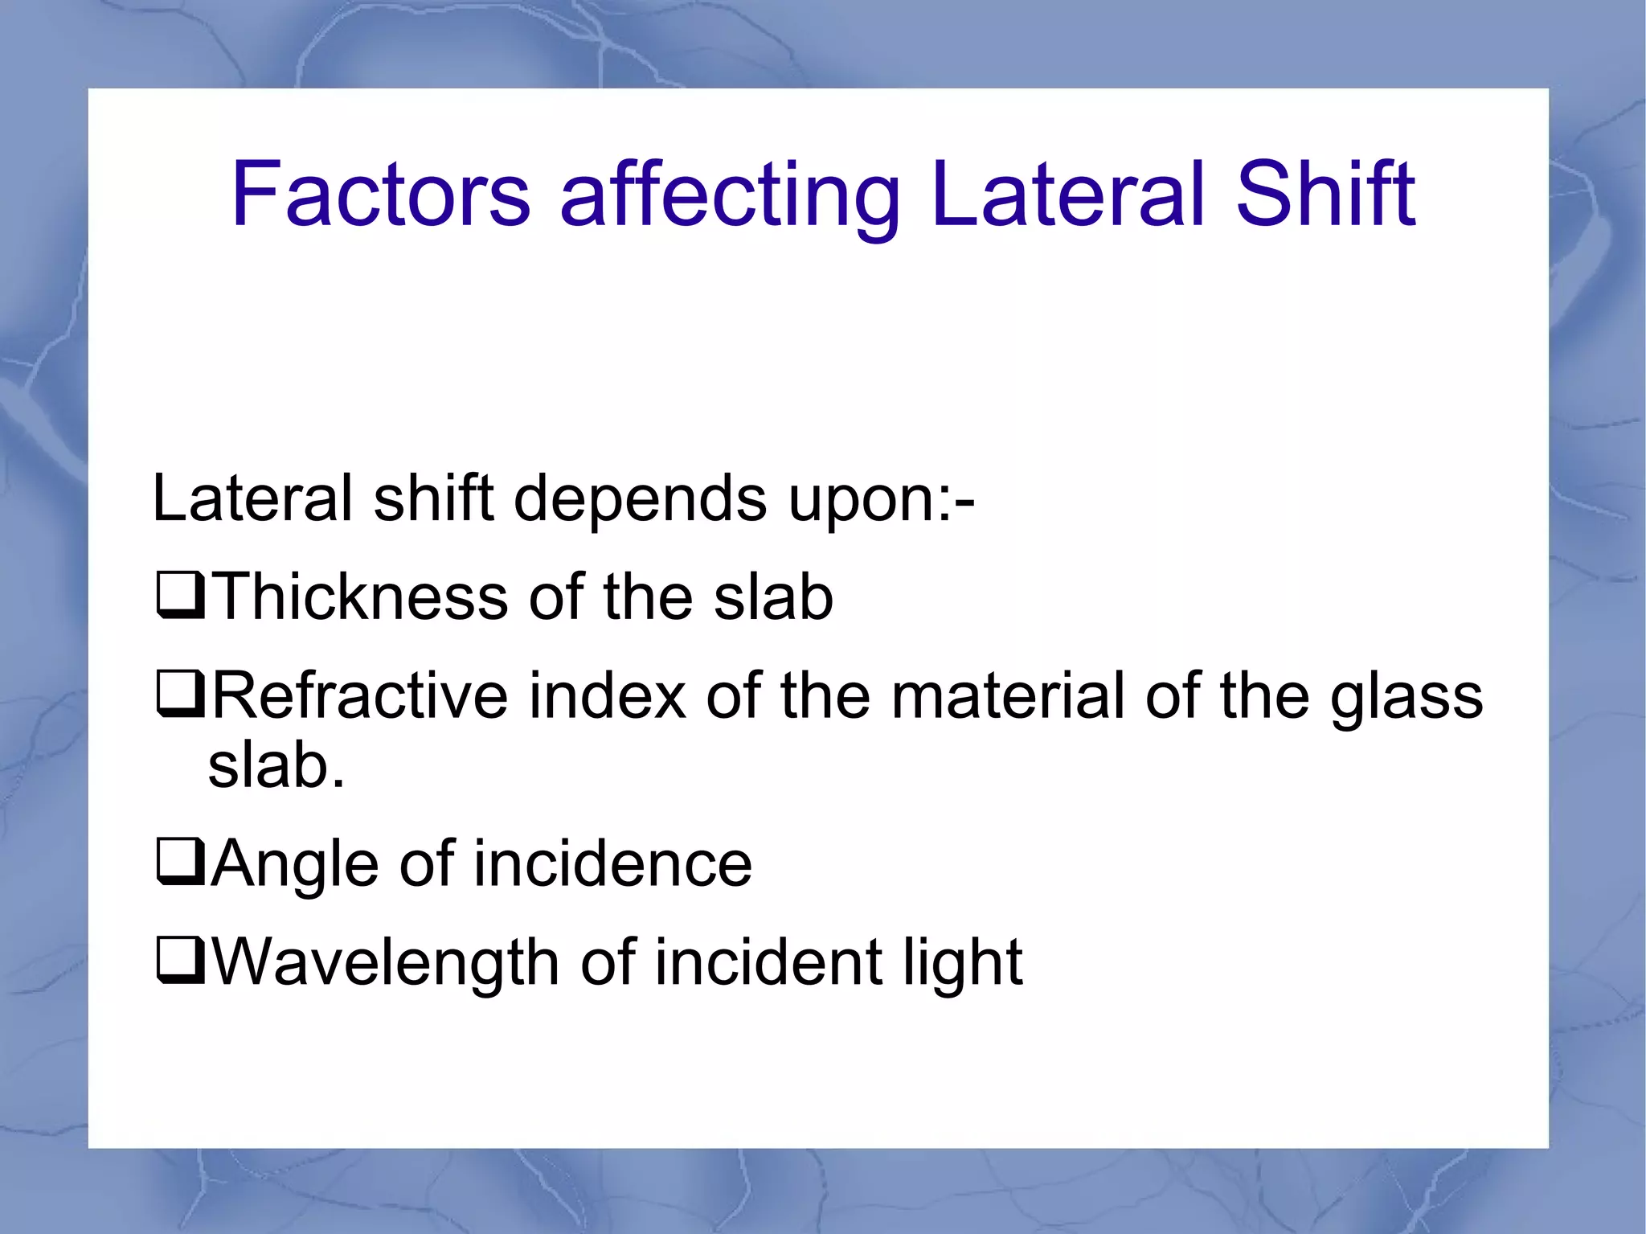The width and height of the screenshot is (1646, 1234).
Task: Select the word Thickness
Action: [361, 597]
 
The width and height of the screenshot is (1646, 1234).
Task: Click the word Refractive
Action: [359, 695]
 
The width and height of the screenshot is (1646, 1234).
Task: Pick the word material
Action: [1008, 695]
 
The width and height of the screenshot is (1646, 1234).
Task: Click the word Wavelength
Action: [386, 963]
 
